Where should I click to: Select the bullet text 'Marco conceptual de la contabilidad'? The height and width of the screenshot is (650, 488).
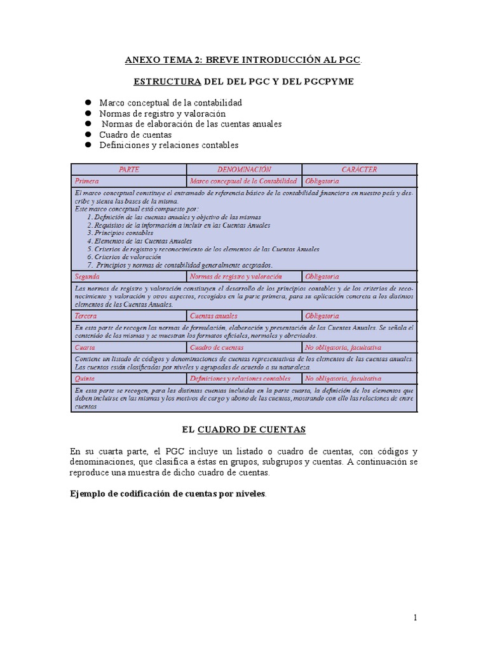(x=170, y=102)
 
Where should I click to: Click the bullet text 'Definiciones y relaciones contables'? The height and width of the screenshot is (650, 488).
(x=168, y=145)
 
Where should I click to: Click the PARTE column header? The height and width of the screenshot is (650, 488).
(x=128, y=169)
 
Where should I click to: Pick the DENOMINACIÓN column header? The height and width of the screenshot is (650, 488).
(x=244, y=169)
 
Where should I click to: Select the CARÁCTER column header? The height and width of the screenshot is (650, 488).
(x=359, y=169)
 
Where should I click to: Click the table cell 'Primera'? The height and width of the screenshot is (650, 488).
(x=87, y=181)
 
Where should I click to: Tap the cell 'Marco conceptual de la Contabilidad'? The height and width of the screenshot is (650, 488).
(x=244, y=181)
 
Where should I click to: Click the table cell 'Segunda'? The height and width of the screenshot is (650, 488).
(x=88, y=277)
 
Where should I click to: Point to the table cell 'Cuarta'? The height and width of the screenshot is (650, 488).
(x=85, y=347)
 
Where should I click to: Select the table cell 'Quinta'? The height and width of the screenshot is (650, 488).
(x=86, y=378)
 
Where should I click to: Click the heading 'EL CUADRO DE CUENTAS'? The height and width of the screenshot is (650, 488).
(x=243, y=430)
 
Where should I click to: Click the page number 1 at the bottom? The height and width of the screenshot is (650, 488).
(x=414, y=618)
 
